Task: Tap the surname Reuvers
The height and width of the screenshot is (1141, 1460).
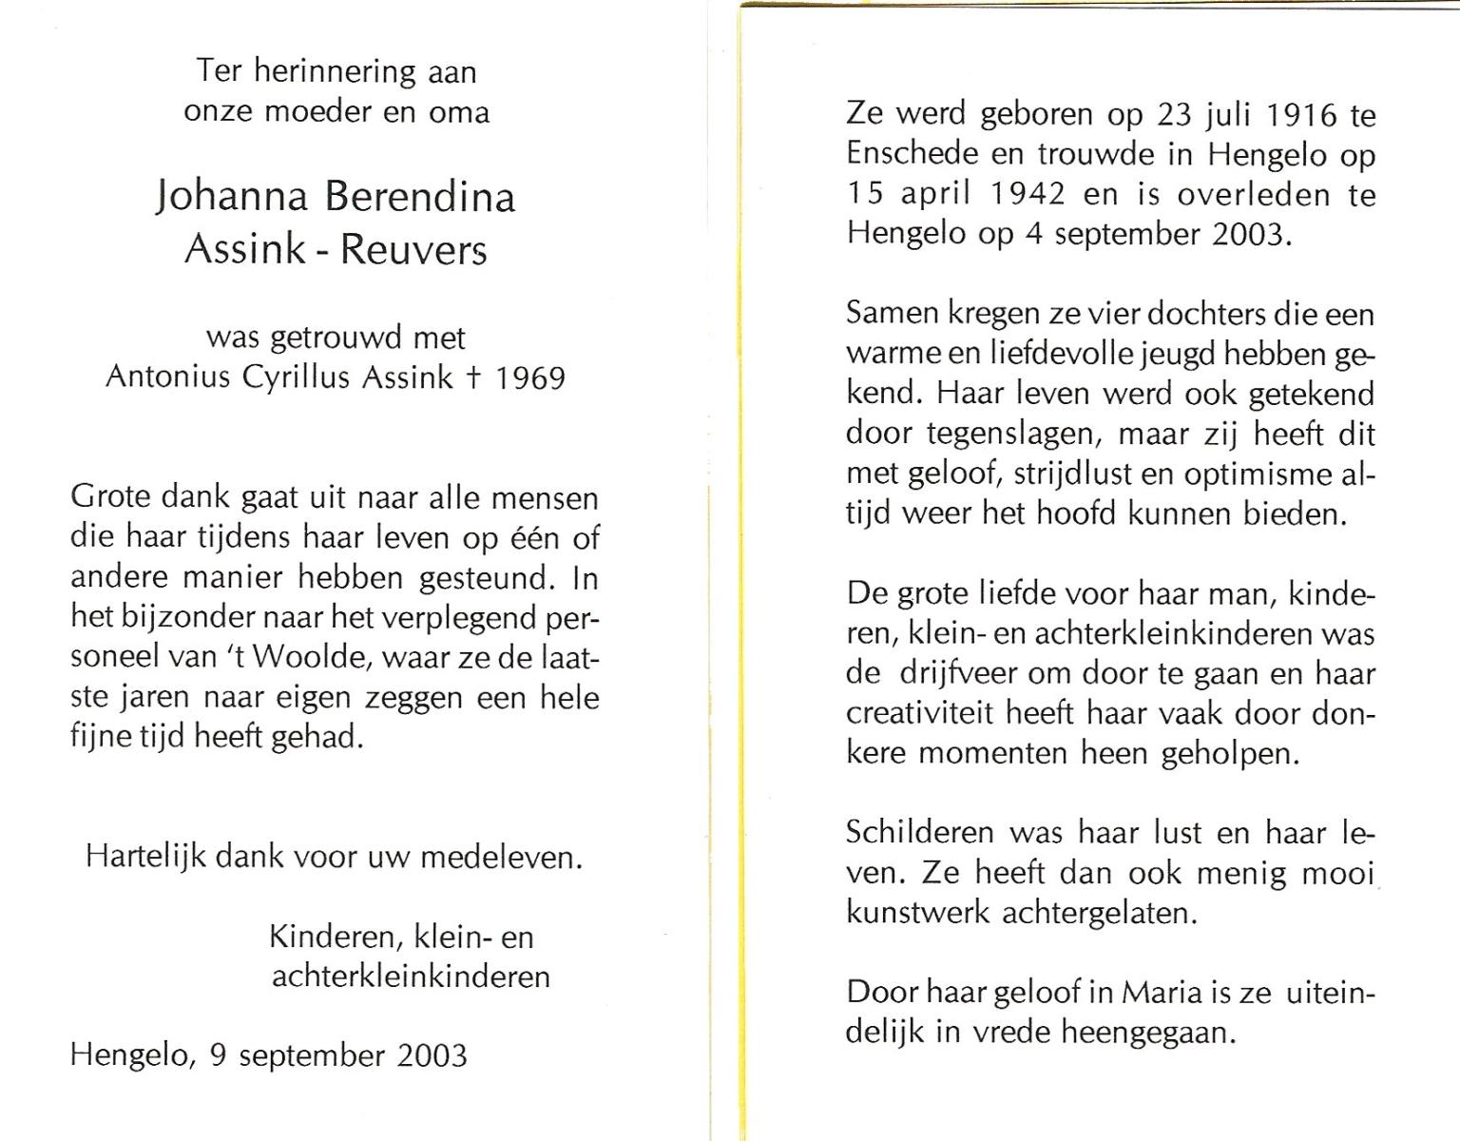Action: [x=413, y=249]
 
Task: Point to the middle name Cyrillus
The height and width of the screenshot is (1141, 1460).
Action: [x=298, y=378]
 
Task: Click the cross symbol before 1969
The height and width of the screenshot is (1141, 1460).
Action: [x=472, y=377]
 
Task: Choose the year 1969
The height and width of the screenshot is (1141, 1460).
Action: [x=528, y=377]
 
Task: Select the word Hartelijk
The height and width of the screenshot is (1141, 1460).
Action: [x=145, y=857]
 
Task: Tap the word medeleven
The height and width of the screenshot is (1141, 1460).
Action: [x=500, y=857]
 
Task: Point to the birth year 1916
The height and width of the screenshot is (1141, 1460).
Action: [x=1302, y=115]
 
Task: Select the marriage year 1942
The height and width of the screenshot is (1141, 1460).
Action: [x=1028, y=195]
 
